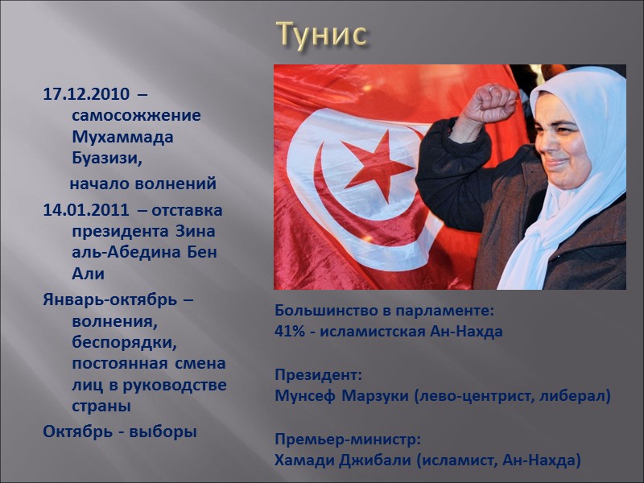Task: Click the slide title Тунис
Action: [x=322, y=34]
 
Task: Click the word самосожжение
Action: [x=136, y=115]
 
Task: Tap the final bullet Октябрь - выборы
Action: [x=119, y=431]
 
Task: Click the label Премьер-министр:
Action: [x=347, y=440]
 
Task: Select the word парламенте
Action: [x=447, y=310]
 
